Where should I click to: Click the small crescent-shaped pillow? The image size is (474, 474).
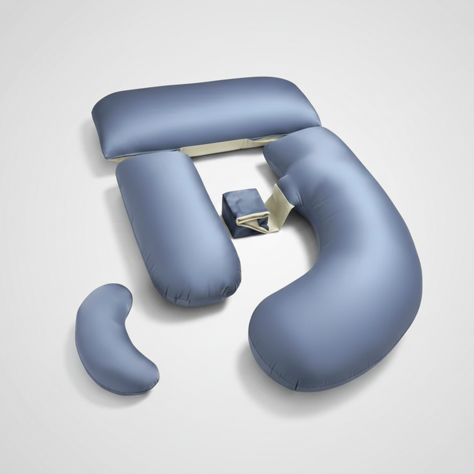[x=114, y=336]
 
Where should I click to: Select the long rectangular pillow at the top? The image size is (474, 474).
[x=205, y=114]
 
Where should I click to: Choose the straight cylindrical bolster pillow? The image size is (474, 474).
[x=177, y=228]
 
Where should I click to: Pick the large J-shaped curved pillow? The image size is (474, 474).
[x=353, y=268]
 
